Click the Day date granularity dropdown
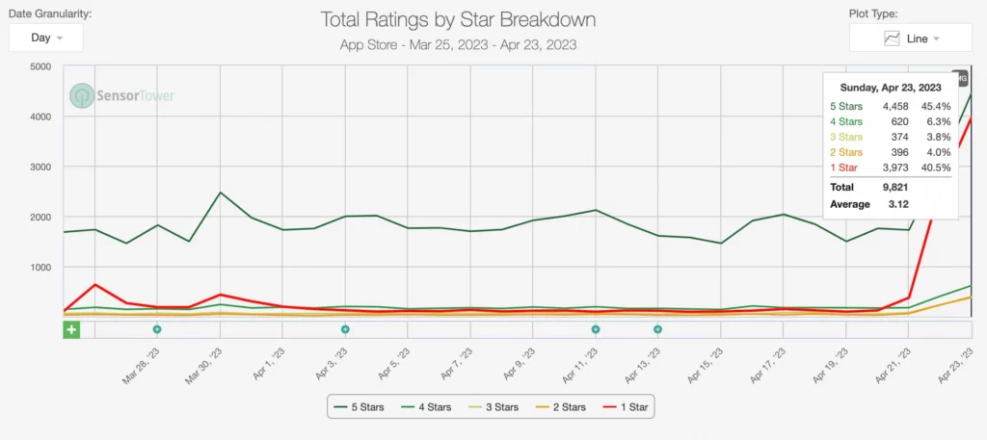(x=46, y=38)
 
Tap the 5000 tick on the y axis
(x=40, y=66)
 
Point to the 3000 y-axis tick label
(x=40, y=167)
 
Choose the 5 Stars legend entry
(x=359, y=407)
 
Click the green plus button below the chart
(x=71, y=329)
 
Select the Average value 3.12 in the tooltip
(x=886, y=204)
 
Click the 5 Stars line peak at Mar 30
(x=220, y=193)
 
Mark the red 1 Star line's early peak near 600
(x=94, y=285)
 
